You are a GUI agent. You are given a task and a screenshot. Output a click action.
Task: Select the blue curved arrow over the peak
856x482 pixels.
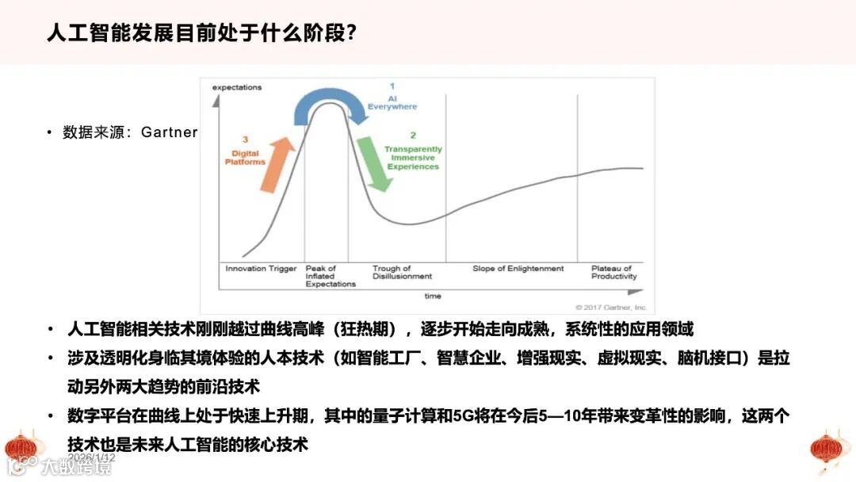tap(329, 104)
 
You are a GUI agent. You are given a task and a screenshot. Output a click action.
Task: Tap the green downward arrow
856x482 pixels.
tap(374, 163)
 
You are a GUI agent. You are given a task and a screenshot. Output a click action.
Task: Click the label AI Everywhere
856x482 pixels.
tap(392, 102)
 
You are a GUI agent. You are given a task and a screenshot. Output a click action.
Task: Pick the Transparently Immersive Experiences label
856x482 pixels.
tap(413, 158)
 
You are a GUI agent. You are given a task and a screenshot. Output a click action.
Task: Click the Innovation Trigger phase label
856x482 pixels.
tap(261, 269)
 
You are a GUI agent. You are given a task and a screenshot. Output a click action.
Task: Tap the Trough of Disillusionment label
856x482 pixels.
tap(402, 273)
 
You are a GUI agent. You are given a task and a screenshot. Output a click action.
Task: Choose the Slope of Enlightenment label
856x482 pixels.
tap(518, 269)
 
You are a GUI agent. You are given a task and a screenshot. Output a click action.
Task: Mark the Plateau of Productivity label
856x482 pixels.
tap(613, 273)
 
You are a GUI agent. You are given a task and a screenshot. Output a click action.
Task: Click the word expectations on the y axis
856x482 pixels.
tap(236, 87)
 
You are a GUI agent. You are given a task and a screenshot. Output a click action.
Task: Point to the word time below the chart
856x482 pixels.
tap(432, 296)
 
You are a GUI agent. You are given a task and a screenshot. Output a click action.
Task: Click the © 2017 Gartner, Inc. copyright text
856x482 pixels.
tap(611, 307)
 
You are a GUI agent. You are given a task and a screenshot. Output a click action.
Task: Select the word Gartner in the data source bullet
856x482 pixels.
tap(169, 132)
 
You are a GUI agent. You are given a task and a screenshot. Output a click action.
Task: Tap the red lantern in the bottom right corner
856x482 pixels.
tap(830, 449)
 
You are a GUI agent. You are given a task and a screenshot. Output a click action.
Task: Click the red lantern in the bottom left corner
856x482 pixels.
tap(21, 447)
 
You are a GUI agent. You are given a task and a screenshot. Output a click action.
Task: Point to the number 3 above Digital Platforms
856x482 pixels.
tap(245, 140)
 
